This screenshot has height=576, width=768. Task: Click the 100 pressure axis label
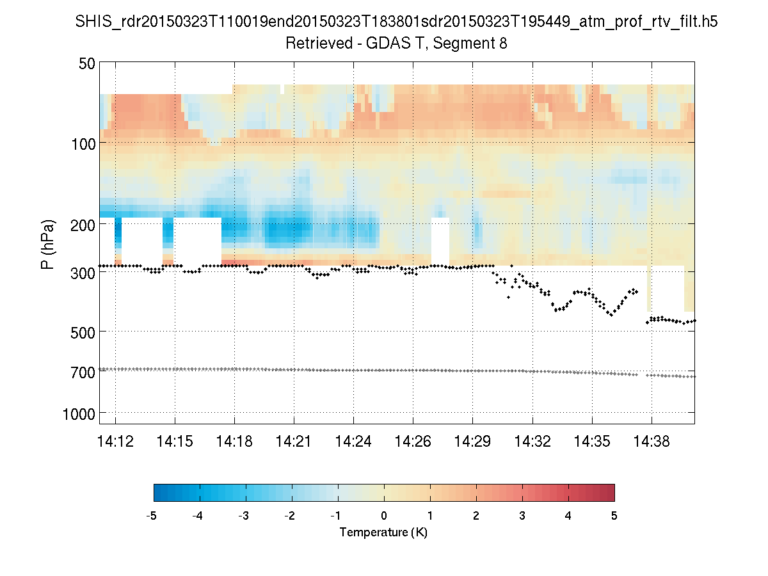click(x=84, y=143)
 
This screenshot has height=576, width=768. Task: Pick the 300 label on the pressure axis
click(x=84, y=272)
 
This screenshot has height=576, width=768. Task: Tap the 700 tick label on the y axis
click(x=84, y=372)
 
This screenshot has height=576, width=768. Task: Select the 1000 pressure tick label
click(x=80, y=413)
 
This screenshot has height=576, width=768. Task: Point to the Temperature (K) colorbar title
click(x=383, y=532)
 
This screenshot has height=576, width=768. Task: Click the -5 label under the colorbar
click(x=152, y=516)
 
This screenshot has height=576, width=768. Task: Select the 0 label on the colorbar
click(x=384, y=516)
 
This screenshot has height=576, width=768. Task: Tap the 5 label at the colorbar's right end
click(x=614, y=516)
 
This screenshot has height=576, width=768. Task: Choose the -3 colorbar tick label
click(x=244, y=516)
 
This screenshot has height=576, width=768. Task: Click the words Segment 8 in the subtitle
click(x=475, y=44)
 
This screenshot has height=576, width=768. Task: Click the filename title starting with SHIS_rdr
click(x=396, y=22)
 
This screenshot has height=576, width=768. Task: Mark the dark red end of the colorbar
click(x=608, y=492)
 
